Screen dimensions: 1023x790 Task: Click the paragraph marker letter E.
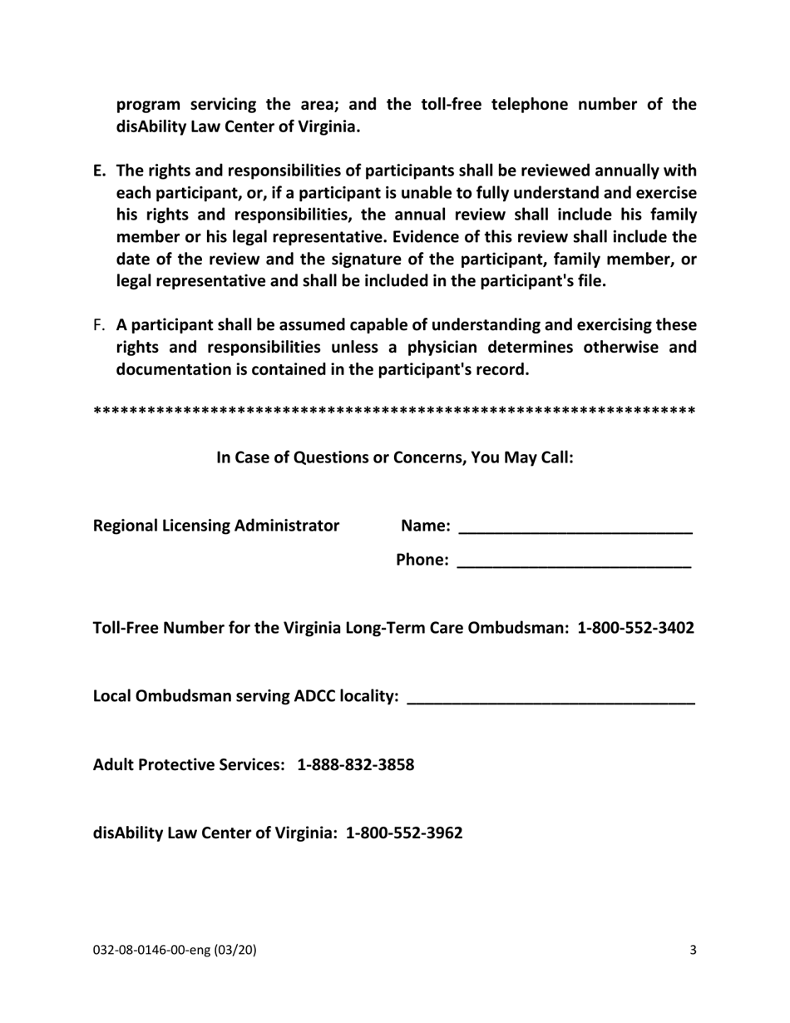tap(99, 171)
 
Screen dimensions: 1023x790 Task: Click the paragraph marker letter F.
tap(99, 324)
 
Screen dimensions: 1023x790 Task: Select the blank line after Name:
tap(575, 527)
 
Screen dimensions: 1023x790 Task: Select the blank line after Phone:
tap(575, 562)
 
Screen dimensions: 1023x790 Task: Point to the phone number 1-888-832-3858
tap(356, 764)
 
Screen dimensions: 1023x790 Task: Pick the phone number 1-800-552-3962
tap(404, 833)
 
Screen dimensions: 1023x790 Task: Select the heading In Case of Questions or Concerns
tap(395, 457)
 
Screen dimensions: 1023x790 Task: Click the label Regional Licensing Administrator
tap(216, 526)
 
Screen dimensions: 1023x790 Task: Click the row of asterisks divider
tap(395, 412)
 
